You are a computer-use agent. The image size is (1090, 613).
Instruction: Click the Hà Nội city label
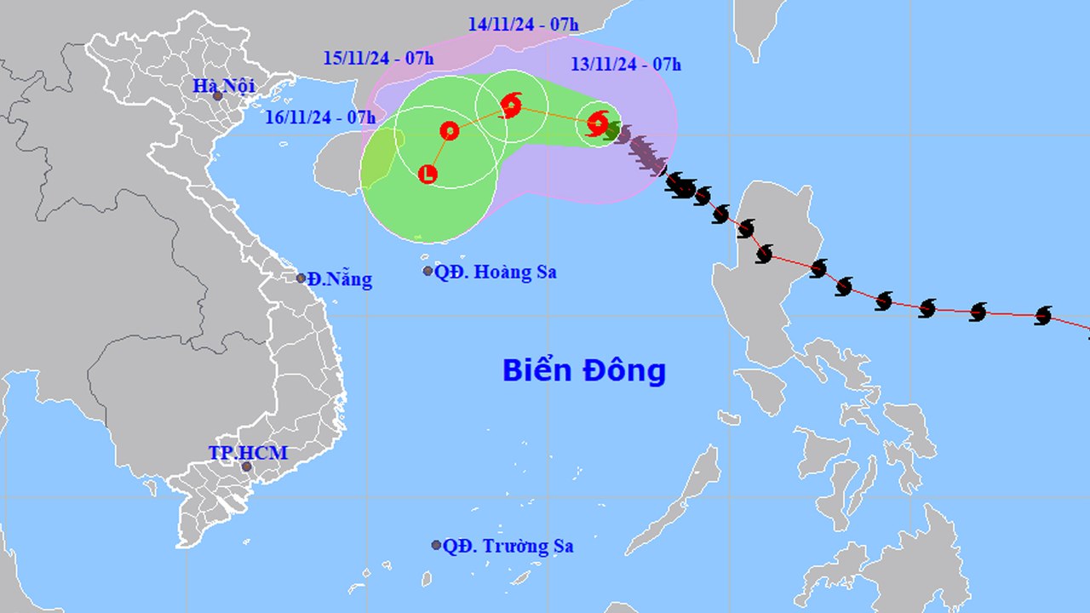pos(218,85)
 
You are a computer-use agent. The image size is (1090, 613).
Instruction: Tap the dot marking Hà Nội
pos(218,96)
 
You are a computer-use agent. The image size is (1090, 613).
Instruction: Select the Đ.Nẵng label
pos(340,278)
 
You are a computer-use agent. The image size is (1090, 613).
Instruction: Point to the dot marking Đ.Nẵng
pos(301,278)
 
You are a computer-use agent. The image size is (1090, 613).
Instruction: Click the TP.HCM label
pos(248,453)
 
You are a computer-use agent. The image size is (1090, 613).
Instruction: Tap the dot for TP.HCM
pos(247,467)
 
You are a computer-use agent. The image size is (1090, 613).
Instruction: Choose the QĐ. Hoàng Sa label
pos(495,272)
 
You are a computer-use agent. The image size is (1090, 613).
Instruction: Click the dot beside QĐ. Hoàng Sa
pos(428,271)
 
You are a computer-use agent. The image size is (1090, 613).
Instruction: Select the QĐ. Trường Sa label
pos(508,546)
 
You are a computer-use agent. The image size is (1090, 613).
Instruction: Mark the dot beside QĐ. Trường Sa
pos(436,545)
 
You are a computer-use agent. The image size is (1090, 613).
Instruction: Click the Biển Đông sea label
pos(583,370)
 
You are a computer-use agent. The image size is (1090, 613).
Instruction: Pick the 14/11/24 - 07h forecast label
pos(523,24)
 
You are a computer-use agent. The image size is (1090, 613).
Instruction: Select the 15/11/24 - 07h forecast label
pos(378,58)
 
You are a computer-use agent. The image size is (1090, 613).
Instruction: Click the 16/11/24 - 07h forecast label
pos(319,117)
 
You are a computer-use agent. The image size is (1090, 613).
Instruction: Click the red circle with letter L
pos(428,175)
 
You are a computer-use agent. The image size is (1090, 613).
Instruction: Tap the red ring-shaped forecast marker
pos(450,130)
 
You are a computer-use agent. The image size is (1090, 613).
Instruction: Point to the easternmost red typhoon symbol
pos(598,123)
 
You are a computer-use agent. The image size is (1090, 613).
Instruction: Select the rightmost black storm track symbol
pos(1043,316)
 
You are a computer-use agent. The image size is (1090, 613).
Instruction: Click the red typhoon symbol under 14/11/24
pos(511,106)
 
